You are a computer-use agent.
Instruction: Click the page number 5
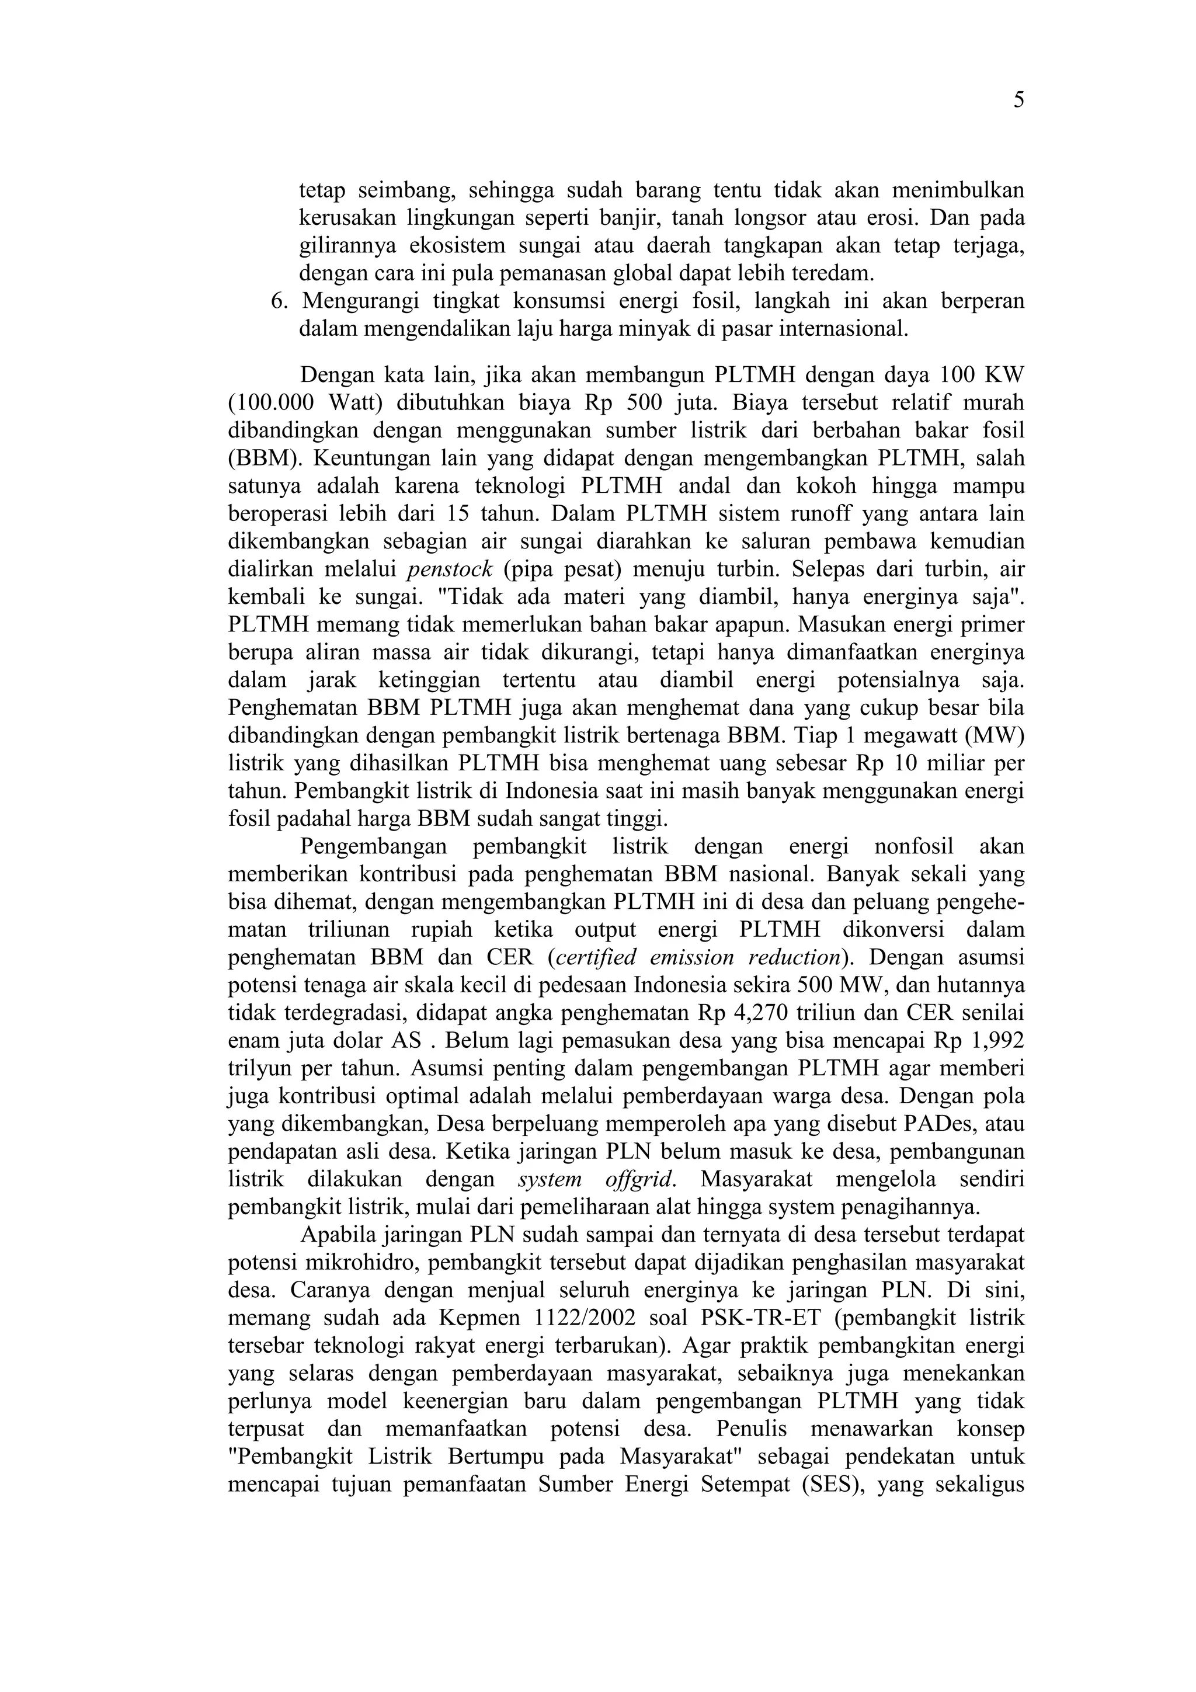point(1018,101)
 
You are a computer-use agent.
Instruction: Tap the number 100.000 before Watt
point(270,403)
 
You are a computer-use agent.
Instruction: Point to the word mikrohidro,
point(360,1262)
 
